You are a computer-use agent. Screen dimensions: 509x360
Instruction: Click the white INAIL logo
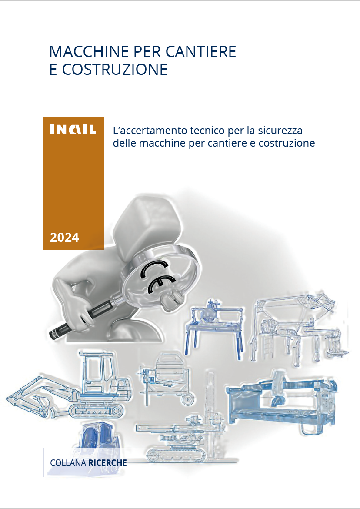tap(73, 130)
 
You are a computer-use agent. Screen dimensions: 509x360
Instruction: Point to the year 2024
tap(64, 238)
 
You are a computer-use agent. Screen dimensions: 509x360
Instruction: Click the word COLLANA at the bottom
tap(68, 463)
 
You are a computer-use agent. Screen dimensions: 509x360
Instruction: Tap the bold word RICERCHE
tap(107, 463)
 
